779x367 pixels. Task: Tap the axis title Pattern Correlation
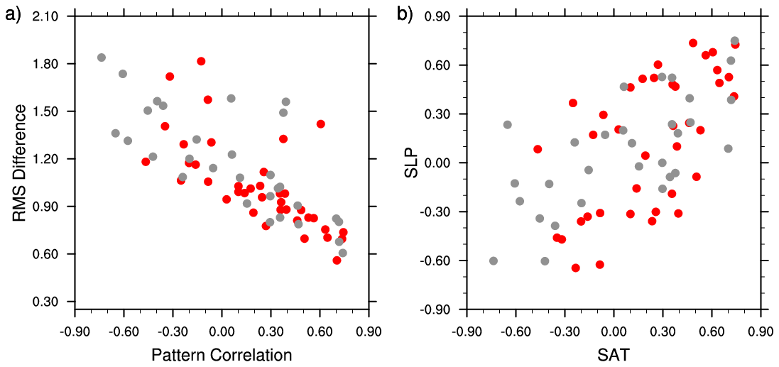[221, 354]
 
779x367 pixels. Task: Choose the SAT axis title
[613, 354]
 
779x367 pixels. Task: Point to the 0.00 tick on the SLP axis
[445, 163]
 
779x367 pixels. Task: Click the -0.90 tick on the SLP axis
[443, 310]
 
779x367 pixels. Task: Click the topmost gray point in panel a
[102, 57]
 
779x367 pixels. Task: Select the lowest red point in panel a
[337, 261]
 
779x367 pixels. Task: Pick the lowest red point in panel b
[575, 268]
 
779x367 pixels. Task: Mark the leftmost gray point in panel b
[494, 261]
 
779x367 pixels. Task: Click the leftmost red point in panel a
[146, 161]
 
